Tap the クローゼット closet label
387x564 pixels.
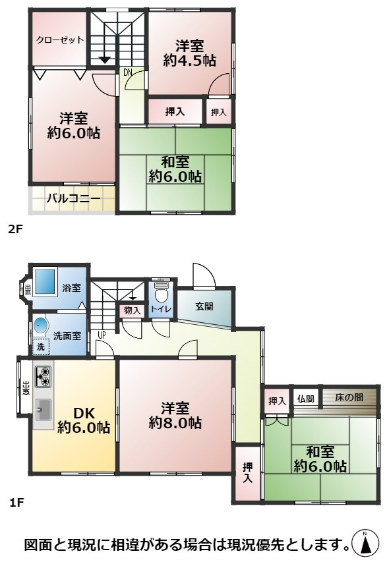60,40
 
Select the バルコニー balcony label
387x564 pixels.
73,198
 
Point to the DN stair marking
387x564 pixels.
128,72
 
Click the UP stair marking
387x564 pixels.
102,334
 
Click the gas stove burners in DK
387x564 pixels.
42,376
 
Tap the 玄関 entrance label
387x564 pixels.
204,306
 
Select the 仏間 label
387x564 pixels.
305,399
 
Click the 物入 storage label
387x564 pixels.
132,310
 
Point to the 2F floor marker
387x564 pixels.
15,230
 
